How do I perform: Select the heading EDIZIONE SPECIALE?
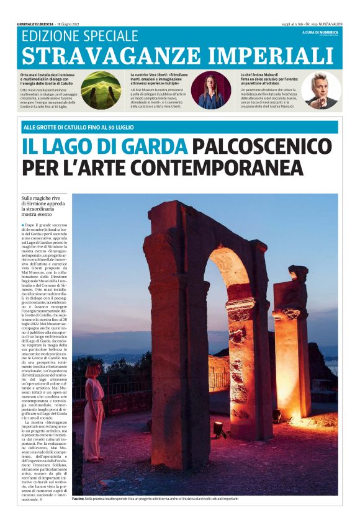pos(79,36)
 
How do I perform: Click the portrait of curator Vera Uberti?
pos(212,91)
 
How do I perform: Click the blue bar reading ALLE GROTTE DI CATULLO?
pos(180,127)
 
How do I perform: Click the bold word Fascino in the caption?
pos(79,499)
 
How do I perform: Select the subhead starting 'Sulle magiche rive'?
pos(43,210)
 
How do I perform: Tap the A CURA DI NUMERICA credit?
pos(319,32)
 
